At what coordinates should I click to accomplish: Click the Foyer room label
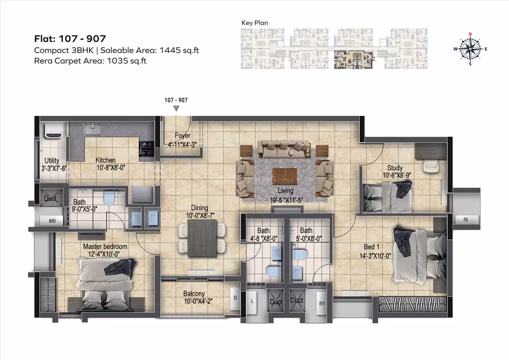[183, 136]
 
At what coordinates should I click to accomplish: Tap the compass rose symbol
[470, 49]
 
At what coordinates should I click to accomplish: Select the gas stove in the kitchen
[147, 148]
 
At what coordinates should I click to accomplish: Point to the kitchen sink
[93, 129]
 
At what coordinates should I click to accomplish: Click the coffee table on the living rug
[285, 176]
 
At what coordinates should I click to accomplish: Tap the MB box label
[52, 221]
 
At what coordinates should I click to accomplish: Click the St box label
[466, 220]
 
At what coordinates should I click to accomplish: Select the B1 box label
[322, 303]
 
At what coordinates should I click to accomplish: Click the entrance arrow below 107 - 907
[176, 108]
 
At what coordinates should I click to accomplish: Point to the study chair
[431, 167]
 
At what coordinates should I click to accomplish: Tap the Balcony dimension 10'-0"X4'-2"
[198, 302]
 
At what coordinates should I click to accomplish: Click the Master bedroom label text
[105, 247]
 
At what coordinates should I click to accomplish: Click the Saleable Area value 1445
[170, 50]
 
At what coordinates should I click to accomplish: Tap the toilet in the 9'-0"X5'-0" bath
[109, 198]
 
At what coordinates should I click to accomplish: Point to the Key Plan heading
[255, 23]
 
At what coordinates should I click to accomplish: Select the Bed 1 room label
[371, 247]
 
